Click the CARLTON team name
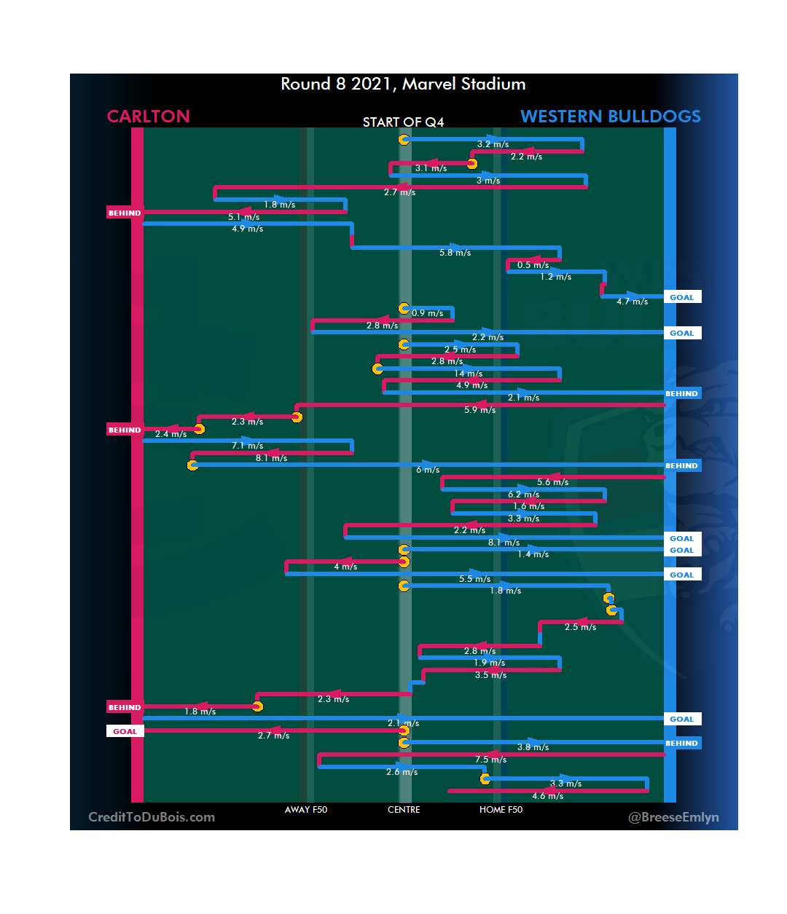point(148,117)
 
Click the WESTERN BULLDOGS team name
point(611,117)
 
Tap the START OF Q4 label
point(403,122)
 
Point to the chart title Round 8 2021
point(403,84)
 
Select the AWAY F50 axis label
point(306,810)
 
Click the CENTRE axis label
point(404,810)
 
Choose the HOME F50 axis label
point(501,810)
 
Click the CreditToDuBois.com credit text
point(152,817)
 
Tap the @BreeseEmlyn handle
point(673,817)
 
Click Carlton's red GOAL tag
point(125,731)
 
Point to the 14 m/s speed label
point(469,374)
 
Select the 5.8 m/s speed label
point(455,253)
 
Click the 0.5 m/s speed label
point(533,265)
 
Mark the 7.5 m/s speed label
point(490,760)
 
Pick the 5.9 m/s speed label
point(479,410)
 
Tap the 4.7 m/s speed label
point(632,302)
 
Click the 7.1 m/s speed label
point(247,446)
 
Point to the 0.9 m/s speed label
point(427,313)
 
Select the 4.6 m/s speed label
point(547,796)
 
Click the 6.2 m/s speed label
point(523,495)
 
